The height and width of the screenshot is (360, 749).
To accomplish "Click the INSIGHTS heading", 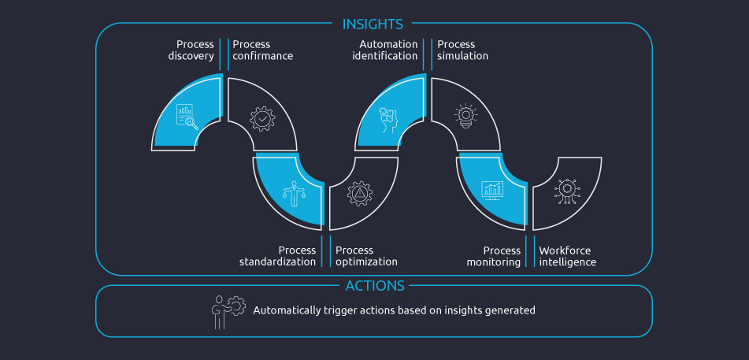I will click(x=373, y=24).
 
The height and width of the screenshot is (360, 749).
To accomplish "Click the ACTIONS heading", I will click(x=374, y=286).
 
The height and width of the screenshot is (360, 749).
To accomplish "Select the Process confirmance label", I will click(x=262, y=50).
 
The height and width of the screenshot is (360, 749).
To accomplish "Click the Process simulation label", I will click(x=462, y=50).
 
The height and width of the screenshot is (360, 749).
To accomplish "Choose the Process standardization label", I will click(x=277, y=256).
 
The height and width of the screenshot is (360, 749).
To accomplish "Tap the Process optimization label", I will click(x=366, y=256).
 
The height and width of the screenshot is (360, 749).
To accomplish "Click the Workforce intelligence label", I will click(x=567, y=256).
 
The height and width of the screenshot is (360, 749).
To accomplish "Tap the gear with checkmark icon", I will click(x=262, y=118).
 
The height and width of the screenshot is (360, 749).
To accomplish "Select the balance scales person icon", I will click(x=293, y=193).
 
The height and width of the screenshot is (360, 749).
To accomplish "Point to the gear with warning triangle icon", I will click(x=360, y=194).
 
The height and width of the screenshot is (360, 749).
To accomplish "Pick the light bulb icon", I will click(x=465, y=117).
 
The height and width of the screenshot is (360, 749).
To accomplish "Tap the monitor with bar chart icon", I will click(x=493, y=191).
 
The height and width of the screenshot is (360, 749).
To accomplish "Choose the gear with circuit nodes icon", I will click(x=565, y=191).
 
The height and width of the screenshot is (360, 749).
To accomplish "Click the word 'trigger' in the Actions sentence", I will click(x=340, y=310).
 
